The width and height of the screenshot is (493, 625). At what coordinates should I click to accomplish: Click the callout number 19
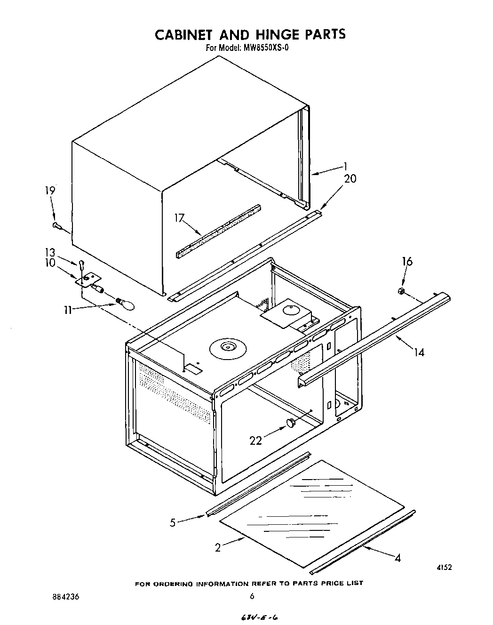click(50, 191)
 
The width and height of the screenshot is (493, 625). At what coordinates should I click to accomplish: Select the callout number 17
click(179, 218)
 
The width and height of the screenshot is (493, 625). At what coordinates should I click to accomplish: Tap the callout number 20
click(350, 179)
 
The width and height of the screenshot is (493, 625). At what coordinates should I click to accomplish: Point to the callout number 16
click(407, 261)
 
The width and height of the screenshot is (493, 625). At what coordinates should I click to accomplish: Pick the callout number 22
click(256, 441)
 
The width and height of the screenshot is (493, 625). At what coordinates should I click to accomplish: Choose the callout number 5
click(173, 522)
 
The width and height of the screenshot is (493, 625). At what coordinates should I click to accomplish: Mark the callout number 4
click(398, 558)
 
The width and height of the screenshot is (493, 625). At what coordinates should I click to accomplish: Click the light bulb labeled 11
click(126, 304)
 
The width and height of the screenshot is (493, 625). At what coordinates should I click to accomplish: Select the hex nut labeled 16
click(401, 292)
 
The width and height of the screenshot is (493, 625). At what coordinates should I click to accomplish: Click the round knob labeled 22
click(292, 423)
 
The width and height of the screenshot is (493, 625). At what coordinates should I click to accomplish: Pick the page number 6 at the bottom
click(252, 596)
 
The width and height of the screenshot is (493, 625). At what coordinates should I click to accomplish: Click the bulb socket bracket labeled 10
click(87, 280)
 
